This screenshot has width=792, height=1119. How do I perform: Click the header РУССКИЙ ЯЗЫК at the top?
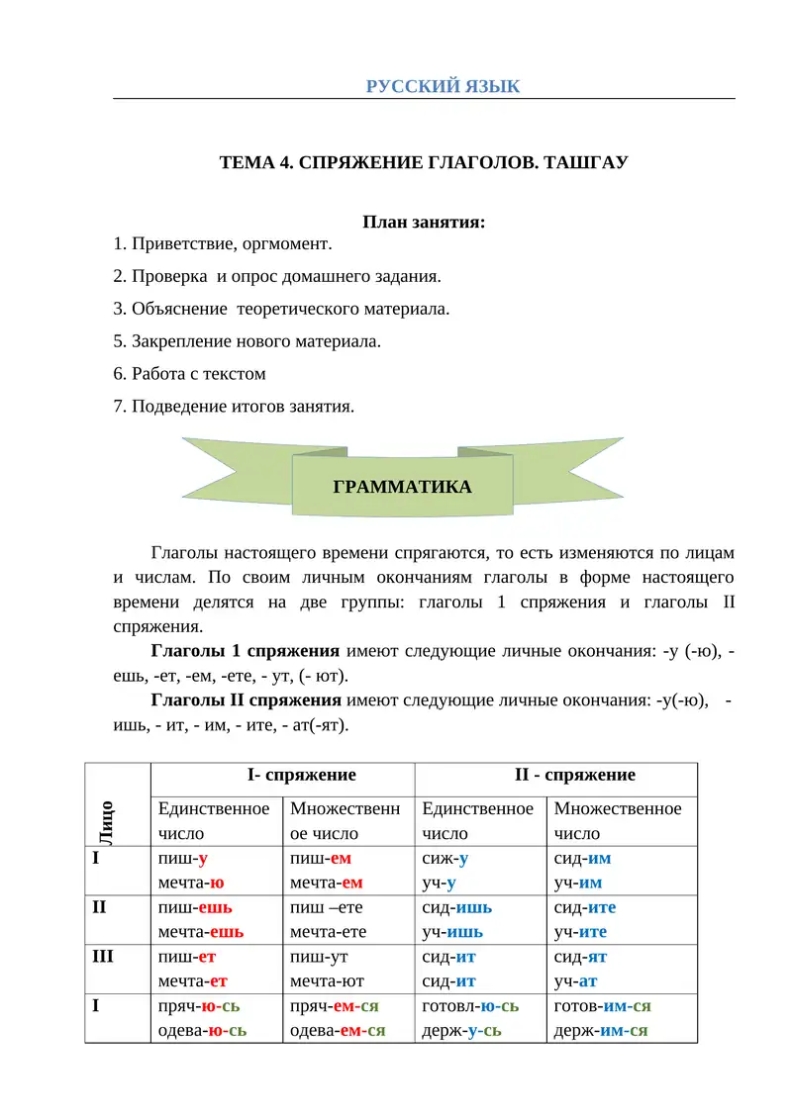click(x=443, y=86)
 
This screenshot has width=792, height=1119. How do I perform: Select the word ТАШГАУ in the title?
click(x=585, y=162)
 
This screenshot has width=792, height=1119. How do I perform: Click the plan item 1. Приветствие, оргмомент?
click(x=224, y=243)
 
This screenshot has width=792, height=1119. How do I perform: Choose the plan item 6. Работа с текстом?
click(x=190, y=374)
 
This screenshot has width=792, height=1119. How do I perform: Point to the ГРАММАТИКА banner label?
click(x=402, y=487)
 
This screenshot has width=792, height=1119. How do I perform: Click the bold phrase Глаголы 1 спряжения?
click(x=246, y=651)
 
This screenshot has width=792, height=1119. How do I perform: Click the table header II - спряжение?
click(x=557, y=775)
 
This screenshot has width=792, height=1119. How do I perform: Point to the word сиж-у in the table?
click(x=445, y=859)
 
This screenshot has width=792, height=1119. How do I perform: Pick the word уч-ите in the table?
click(x=580, y=932)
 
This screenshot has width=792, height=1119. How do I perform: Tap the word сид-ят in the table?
click(x=580, y=957)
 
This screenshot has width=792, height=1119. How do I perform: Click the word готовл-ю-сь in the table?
click(x=470, y=1006)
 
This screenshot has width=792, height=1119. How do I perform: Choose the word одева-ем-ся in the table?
click(x=337, y=1031)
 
